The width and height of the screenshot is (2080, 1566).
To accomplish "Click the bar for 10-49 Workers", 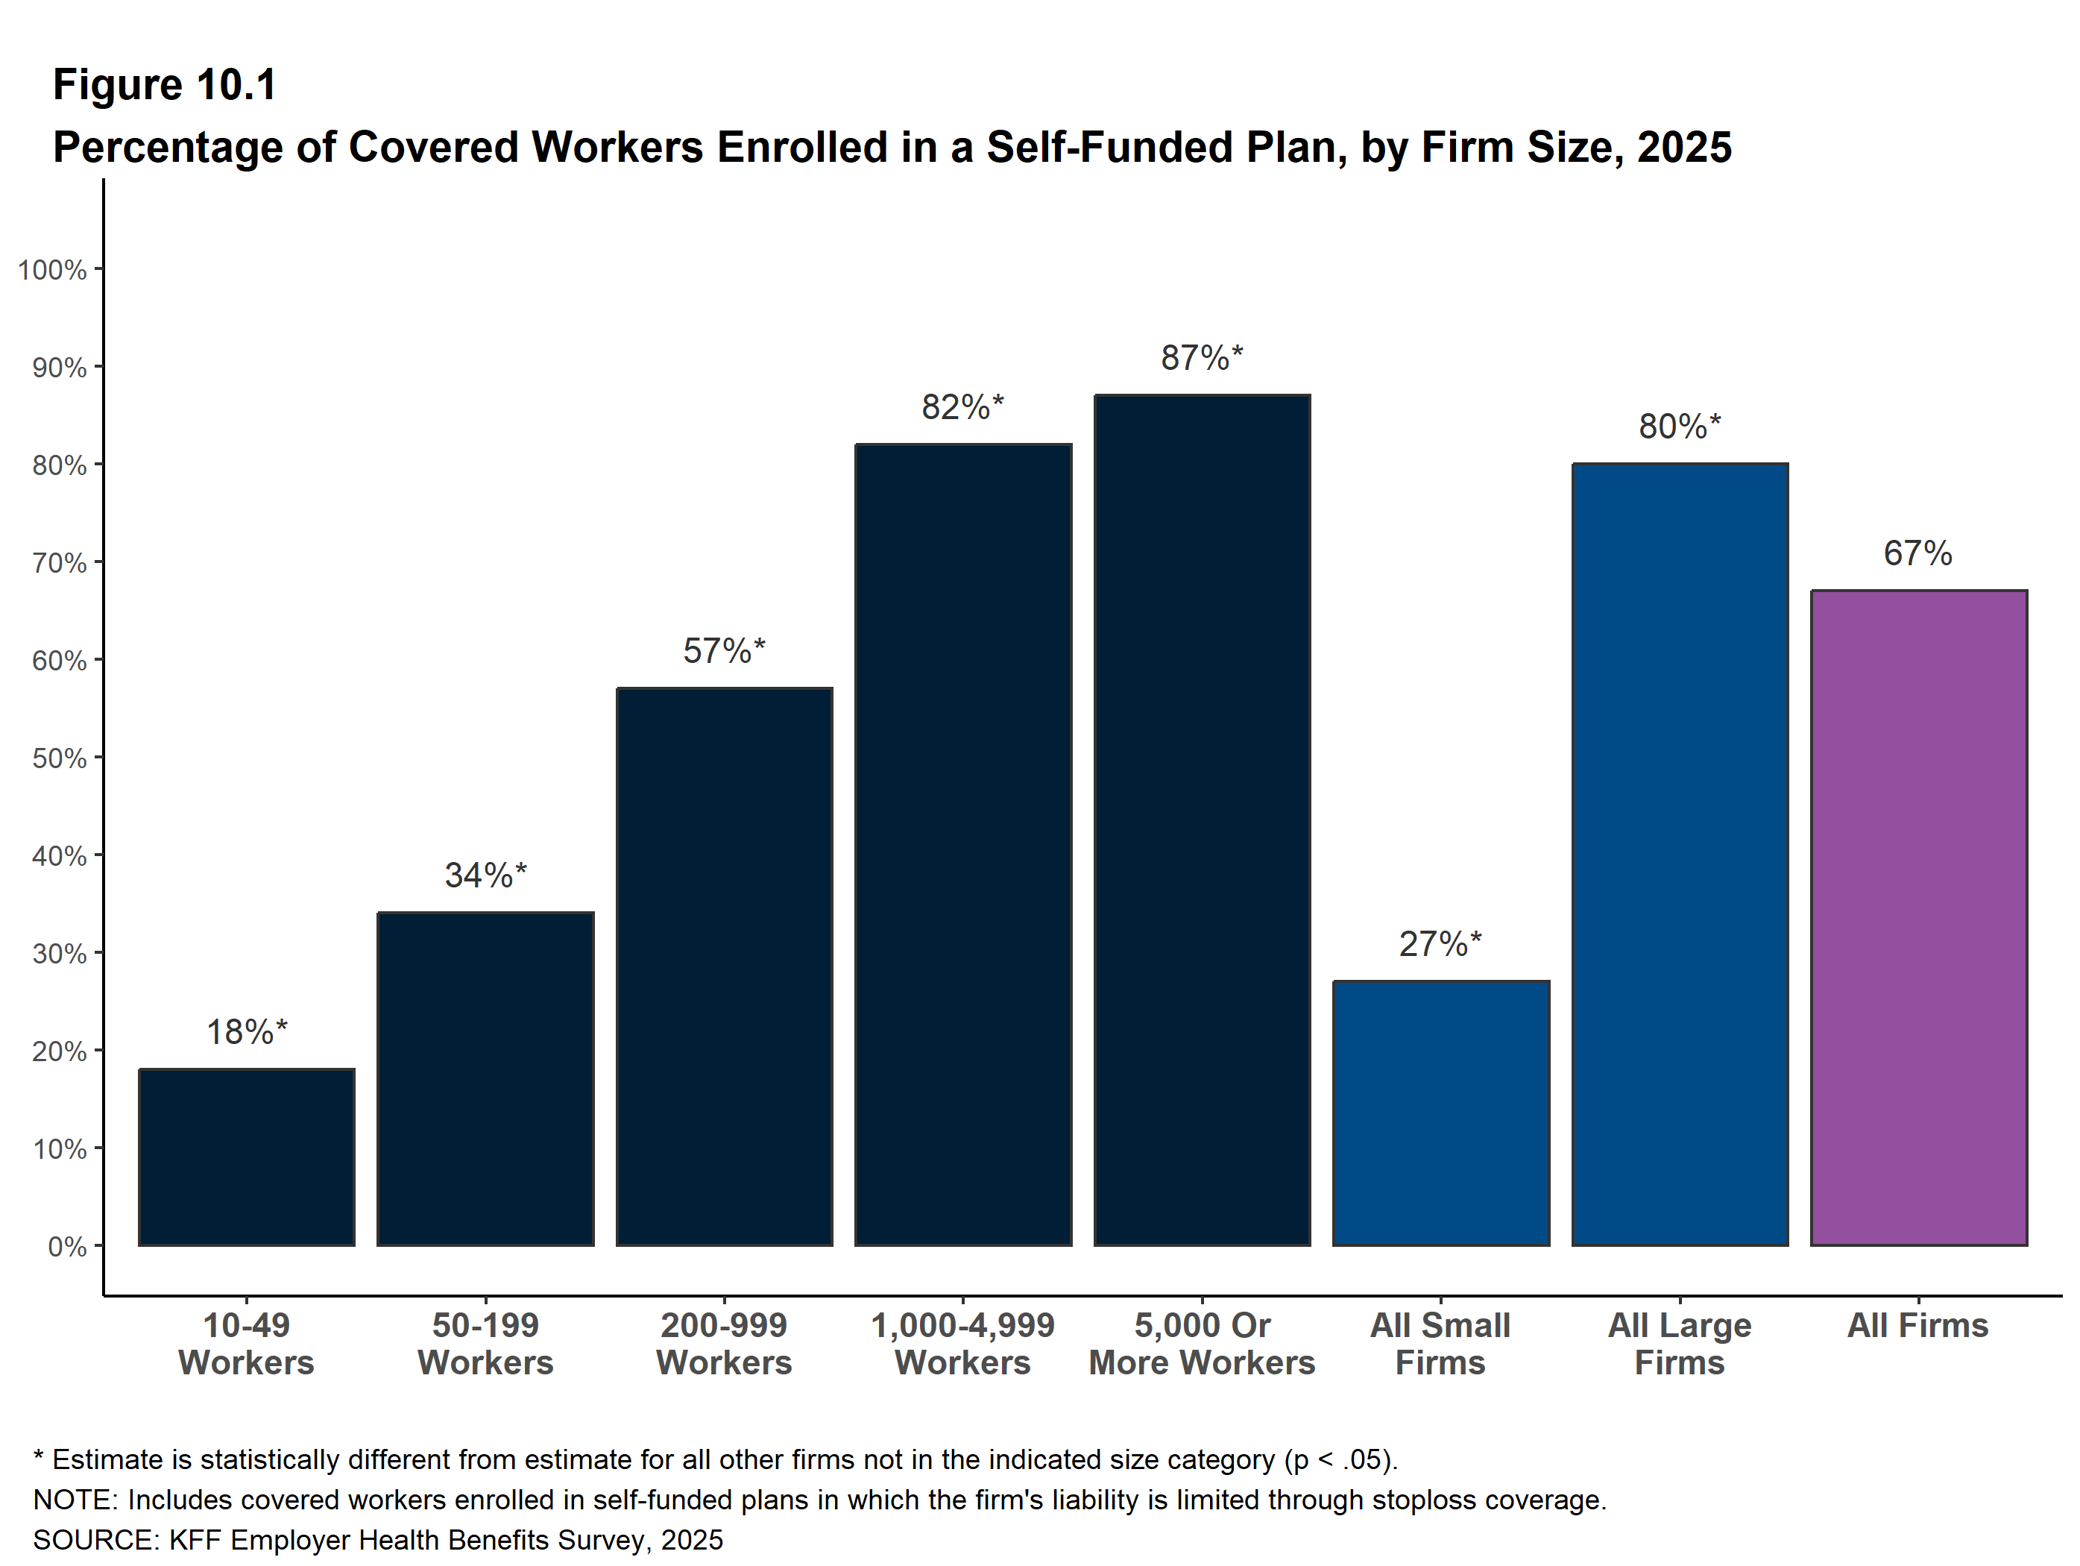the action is coord(246,1157).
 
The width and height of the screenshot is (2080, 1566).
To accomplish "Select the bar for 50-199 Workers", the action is coord(485,1079).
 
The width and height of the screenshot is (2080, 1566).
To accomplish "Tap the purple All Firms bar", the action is coord(1918,918).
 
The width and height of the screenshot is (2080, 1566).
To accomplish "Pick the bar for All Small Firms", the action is coord(1440,1113).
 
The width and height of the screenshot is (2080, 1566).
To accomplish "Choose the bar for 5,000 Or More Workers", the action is coord(1202,820).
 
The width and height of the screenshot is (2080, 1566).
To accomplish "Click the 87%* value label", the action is coord(1202,357).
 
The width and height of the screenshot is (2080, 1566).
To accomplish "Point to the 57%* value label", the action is coord(724,651).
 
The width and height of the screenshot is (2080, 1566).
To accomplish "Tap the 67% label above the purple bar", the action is coord(1918,553).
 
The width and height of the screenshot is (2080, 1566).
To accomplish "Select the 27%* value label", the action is coord(1440,943).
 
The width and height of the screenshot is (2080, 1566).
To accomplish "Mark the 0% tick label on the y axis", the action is coord(68,1247).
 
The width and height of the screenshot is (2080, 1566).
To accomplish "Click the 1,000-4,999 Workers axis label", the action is coord(963,1344).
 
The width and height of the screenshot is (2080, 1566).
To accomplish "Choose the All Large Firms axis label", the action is coord(1680,1344).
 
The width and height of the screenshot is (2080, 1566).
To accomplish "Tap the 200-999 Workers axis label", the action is coord(724,1344).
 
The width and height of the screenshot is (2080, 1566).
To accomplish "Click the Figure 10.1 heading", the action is coord(165,85).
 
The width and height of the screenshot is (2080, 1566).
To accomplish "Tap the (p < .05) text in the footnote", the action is coord(1340,1459).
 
